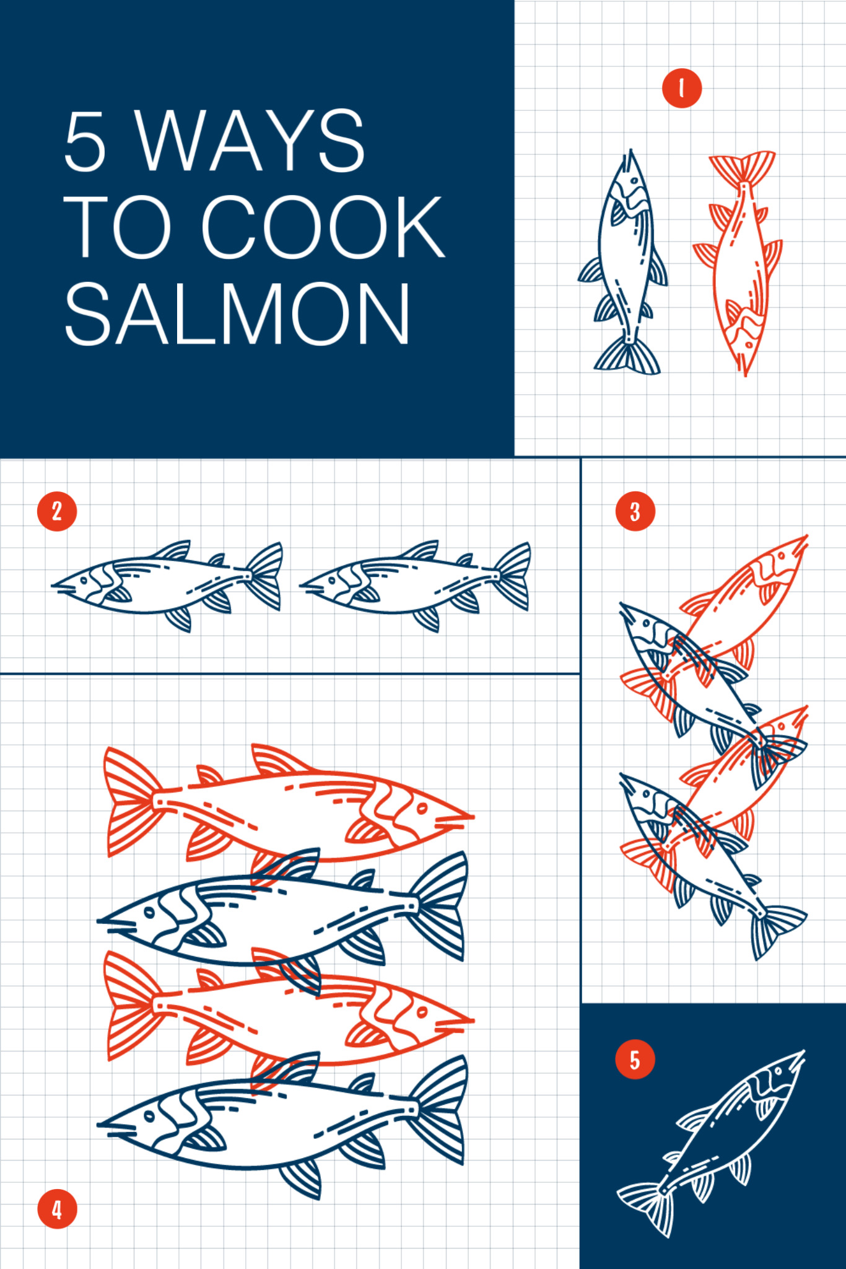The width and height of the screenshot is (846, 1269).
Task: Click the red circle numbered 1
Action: point(681,88)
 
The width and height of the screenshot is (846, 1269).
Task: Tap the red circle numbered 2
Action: point(57,511)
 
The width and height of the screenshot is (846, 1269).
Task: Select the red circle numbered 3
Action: point(635,511)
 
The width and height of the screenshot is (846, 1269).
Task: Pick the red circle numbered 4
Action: point(57,1209)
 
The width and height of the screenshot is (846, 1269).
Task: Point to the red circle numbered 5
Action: point(635,1059)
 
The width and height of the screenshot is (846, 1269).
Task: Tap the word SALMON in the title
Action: point(237,314)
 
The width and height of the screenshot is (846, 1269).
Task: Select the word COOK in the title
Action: point(323,227)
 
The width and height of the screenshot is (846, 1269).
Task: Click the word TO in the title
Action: point(117,227)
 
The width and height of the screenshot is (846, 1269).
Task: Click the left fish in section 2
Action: point(167,586)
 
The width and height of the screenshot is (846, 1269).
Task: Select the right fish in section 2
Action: point(415,586)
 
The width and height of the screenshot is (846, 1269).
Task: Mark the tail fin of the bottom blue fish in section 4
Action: point(439,1109)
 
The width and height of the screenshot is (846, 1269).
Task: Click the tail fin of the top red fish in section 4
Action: point(131,802)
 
